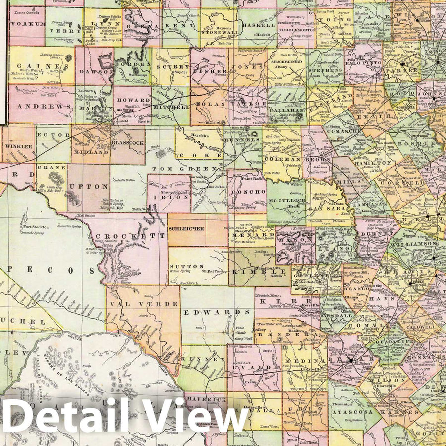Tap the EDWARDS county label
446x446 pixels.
(221, 312)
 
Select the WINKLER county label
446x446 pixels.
(18, 147)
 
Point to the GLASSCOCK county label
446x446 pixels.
(127, 142)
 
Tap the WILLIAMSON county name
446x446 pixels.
(413, 243)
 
